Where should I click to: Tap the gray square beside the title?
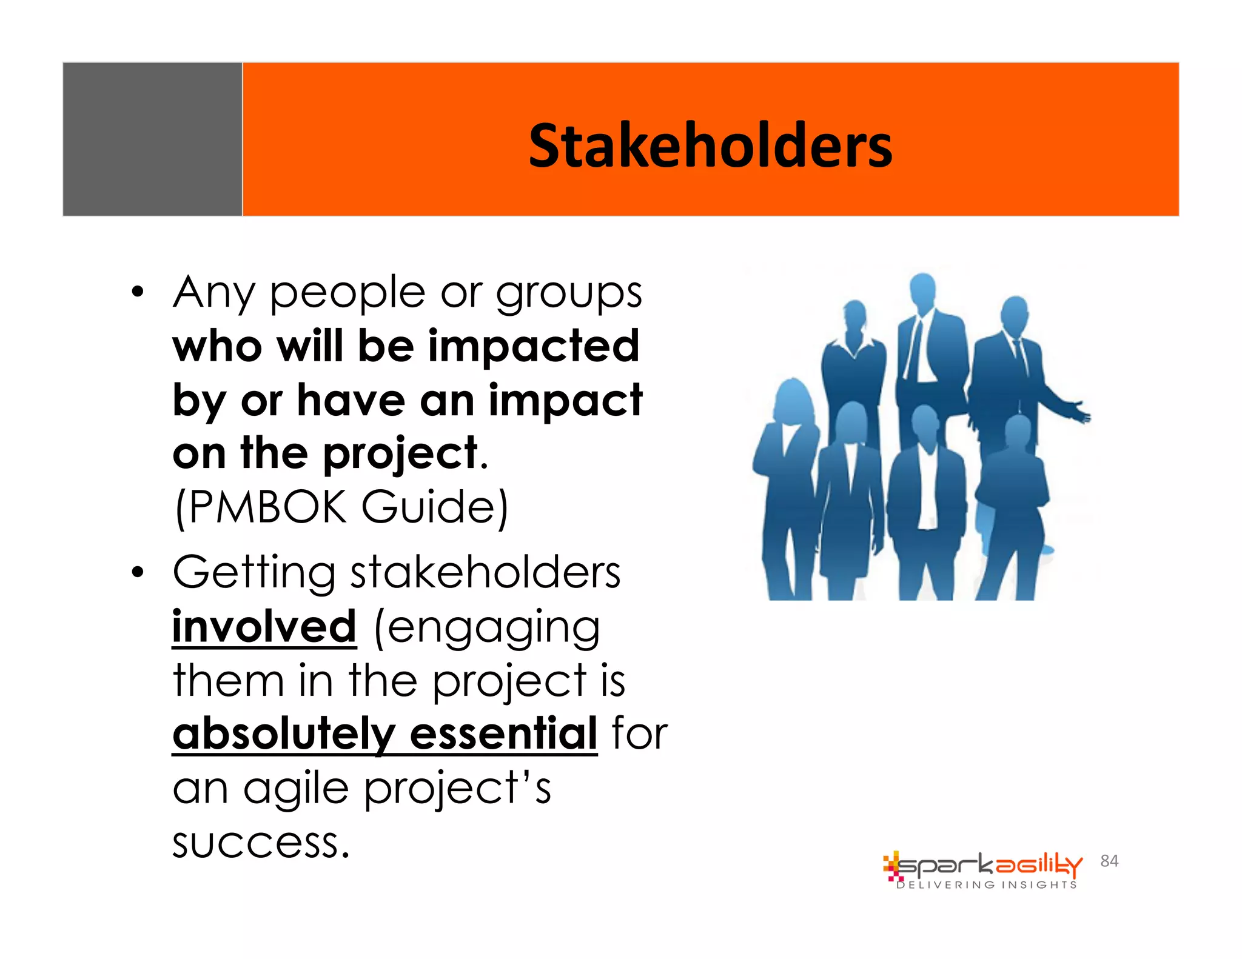coord(152,139)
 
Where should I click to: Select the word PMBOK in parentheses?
coord(267,507)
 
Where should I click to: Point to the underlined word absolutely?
coord(283,733)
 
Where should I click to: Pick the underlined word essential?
coord(503,733)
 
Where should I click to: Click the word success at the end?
coord(261,843)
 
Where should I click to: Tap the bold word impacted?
coord(534,347)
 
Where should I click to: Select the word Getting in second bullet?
coord(253,573)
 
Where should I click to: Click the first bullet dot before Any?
coord(138,292)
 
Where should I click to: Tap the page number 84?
coord(1109,861)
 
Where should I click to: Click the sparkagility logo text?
coord(989,866)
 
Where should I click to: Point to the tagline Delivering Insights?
coord(987,885)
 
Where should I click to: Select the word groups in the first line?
coord(569,293)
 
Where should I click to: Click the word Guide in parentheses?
coord(434,507)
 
